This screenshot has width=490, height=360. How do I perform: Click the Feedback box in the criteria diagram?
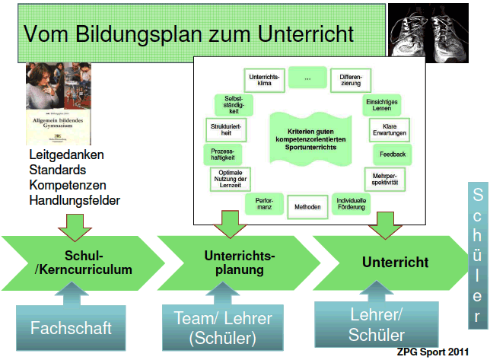pyautogui.click(x=393, y=154)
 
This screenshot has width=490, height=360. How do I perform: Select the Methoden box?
pyautogui.click(x=307, y=207)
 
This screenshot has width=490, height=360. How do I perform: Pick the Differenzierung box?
pyautogui.click(x=351, y=80)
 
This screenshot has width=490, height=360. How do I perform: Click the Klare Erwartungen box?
pyautogui.click(x=390, y=129)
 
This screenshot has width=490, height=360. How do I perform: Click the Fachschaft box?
pyautogui.click(x=72, y=328)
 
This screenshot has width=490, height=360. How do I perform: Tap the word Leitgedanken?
pyautogui.click(x=67, y=155)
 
